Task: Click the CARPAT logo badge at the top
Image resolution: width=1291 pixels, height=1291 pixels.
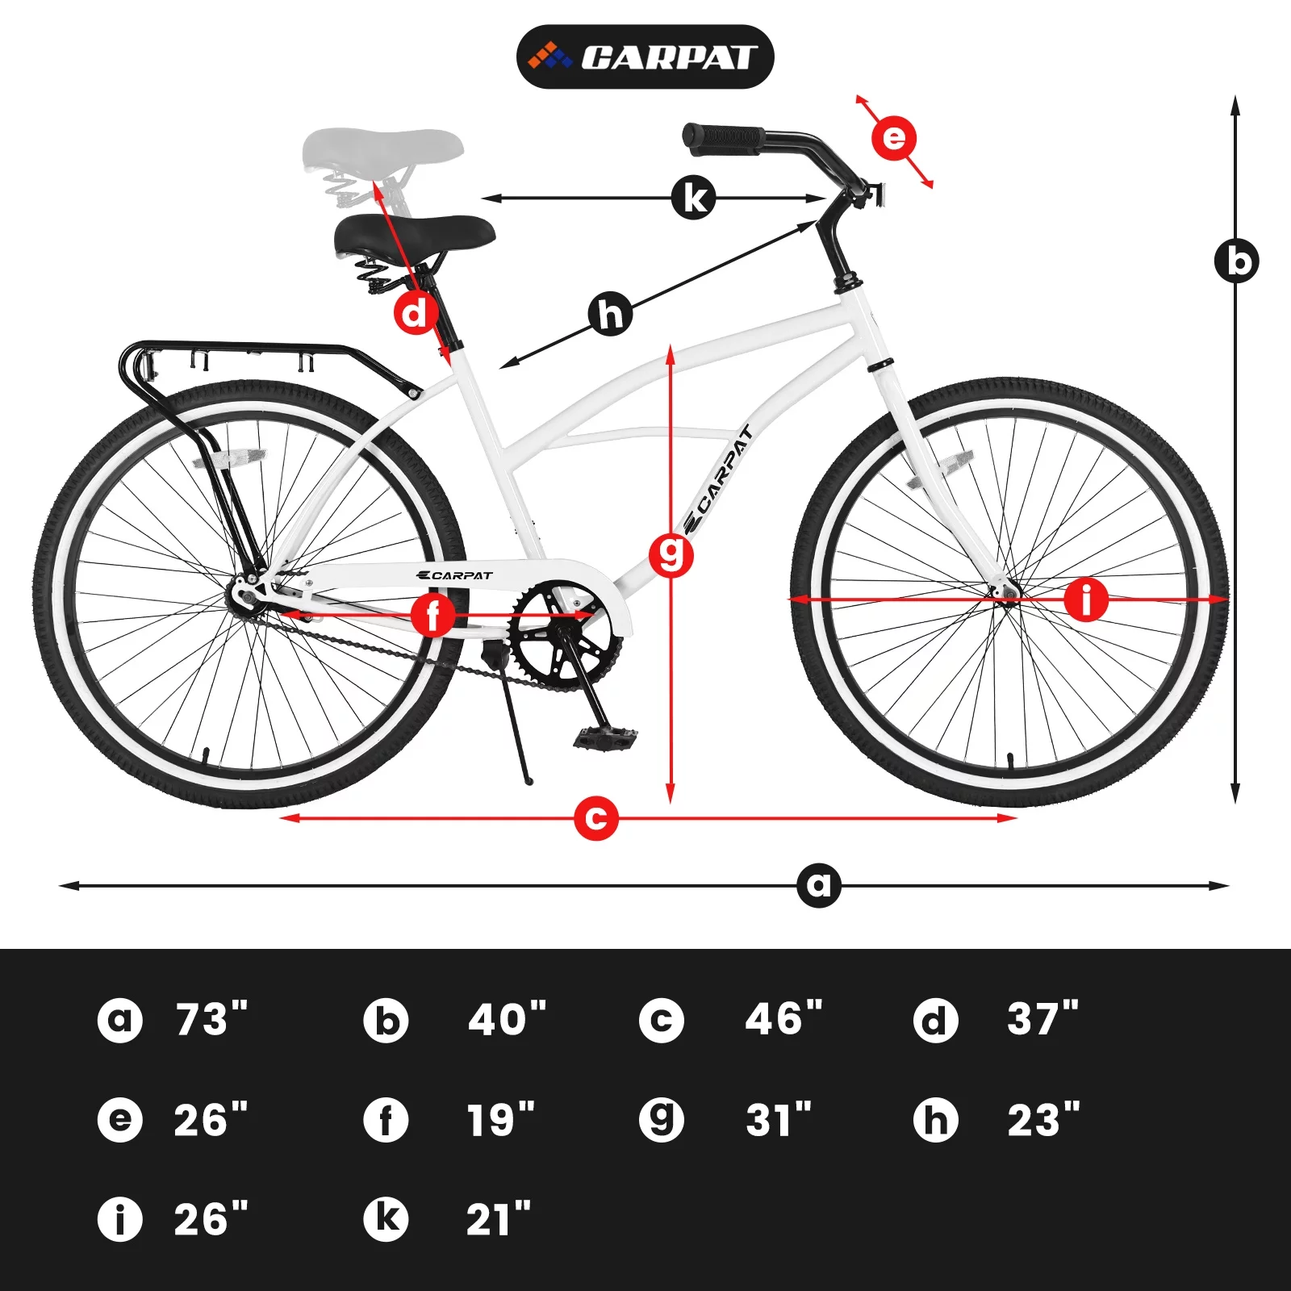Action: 645,56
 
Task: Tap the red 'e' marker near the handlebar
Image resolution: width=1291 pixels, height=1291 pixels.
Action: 894,138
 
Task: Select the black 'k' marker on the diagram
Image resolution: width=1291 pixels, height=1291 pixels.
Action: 693,197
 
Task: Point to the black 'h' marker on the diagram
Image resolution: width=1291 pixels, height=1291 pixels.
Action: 611,314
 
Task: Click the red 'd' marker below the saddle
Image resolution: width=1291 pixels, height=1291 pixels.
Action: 416,312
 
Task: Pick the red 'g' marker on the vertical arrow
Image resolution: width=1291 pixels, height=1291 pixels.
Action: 671,555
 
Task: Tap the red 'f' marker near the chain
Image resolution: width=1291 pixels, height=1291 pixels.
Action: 433,615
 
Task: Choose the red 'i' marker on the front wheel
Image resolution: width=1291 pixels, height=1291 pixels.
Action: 1086,600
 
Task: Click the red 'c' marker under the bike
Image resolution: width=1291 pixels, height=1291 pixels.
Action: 595,817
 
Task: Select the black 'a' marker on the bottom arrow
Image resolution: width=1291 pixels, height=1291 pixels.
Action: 818,885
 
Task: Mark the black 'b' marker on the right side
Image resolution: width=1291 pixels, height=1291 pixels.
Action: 1236,261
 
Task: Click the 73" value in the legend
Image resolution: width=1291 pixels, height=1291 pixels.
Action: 211,1020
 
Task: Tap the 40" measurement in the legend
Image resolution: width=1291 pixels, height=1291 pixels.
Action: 507,1020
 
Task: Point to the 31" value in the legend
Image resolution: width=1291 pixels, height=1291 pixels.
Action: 778,1120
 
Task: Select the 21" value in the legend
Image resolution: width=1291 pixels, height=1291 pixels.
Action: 498,1219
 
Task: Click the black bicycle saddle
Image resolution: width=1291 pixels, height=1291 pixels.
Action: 415,233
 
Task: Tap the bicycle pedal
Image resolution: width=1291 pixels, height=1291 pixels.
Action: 605,737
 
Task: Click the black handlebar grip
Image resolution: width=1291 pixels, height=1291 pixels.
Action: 723,137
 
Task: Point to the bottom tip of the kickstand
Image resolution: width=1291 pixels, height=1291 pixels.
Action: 529,781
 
